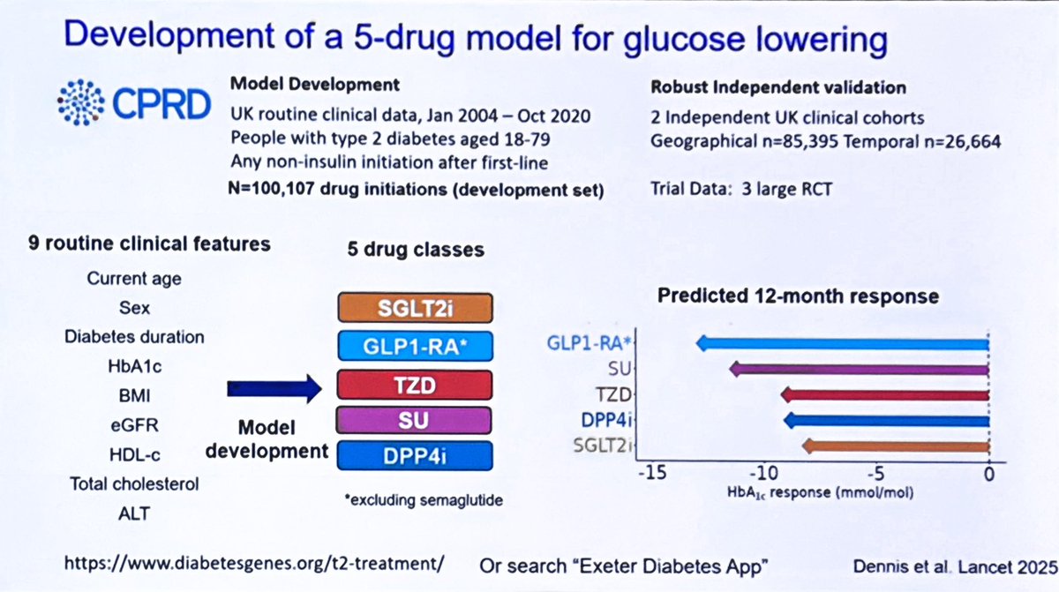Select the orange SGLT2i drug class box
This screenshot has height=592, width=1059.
pos(414,308)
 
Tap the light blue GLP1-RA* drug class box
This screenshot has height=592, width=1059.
pos(414,347)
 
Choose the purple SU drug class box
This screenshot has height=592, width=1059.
pos(414,420)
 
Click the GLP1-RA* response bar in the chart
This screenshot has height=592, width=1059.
pos(843,343)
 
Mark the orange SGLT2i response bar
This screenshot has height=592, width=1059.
pos(896,446)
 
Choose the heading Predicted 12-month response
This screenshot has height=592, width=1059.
pos(798,296)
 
